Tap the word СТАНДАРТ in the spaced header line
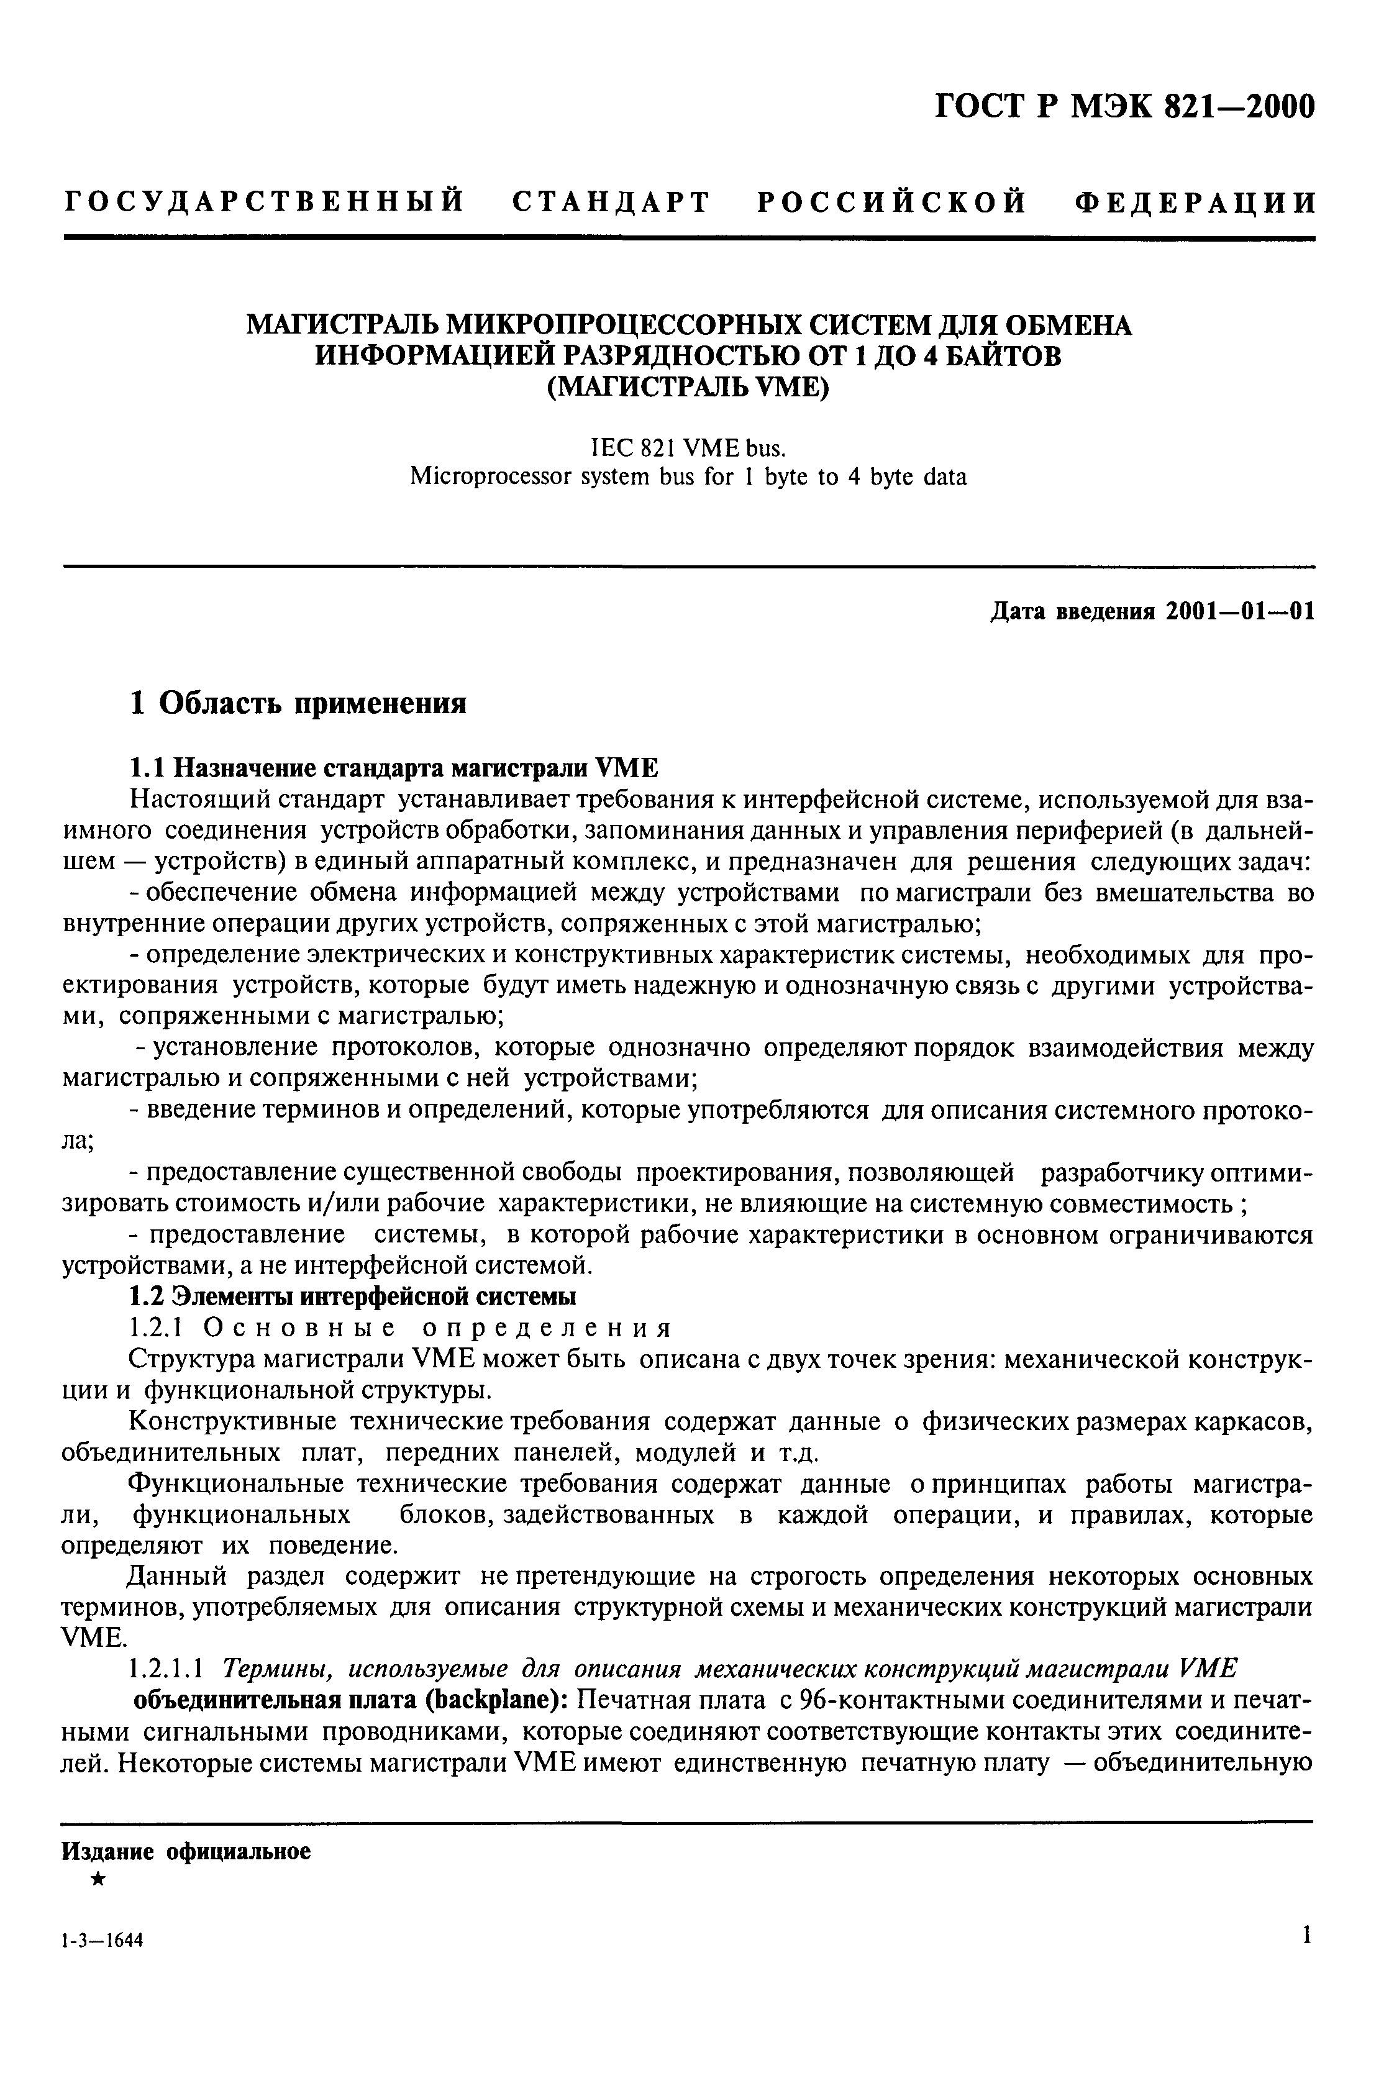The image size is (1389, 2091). click(x=611, y=202)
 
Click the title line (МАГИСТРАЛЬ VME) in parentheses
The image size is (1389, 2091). click(x=688, y=387)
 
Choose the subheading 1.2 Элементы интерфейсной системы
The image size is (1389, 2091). click(x=353, y=1296)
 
